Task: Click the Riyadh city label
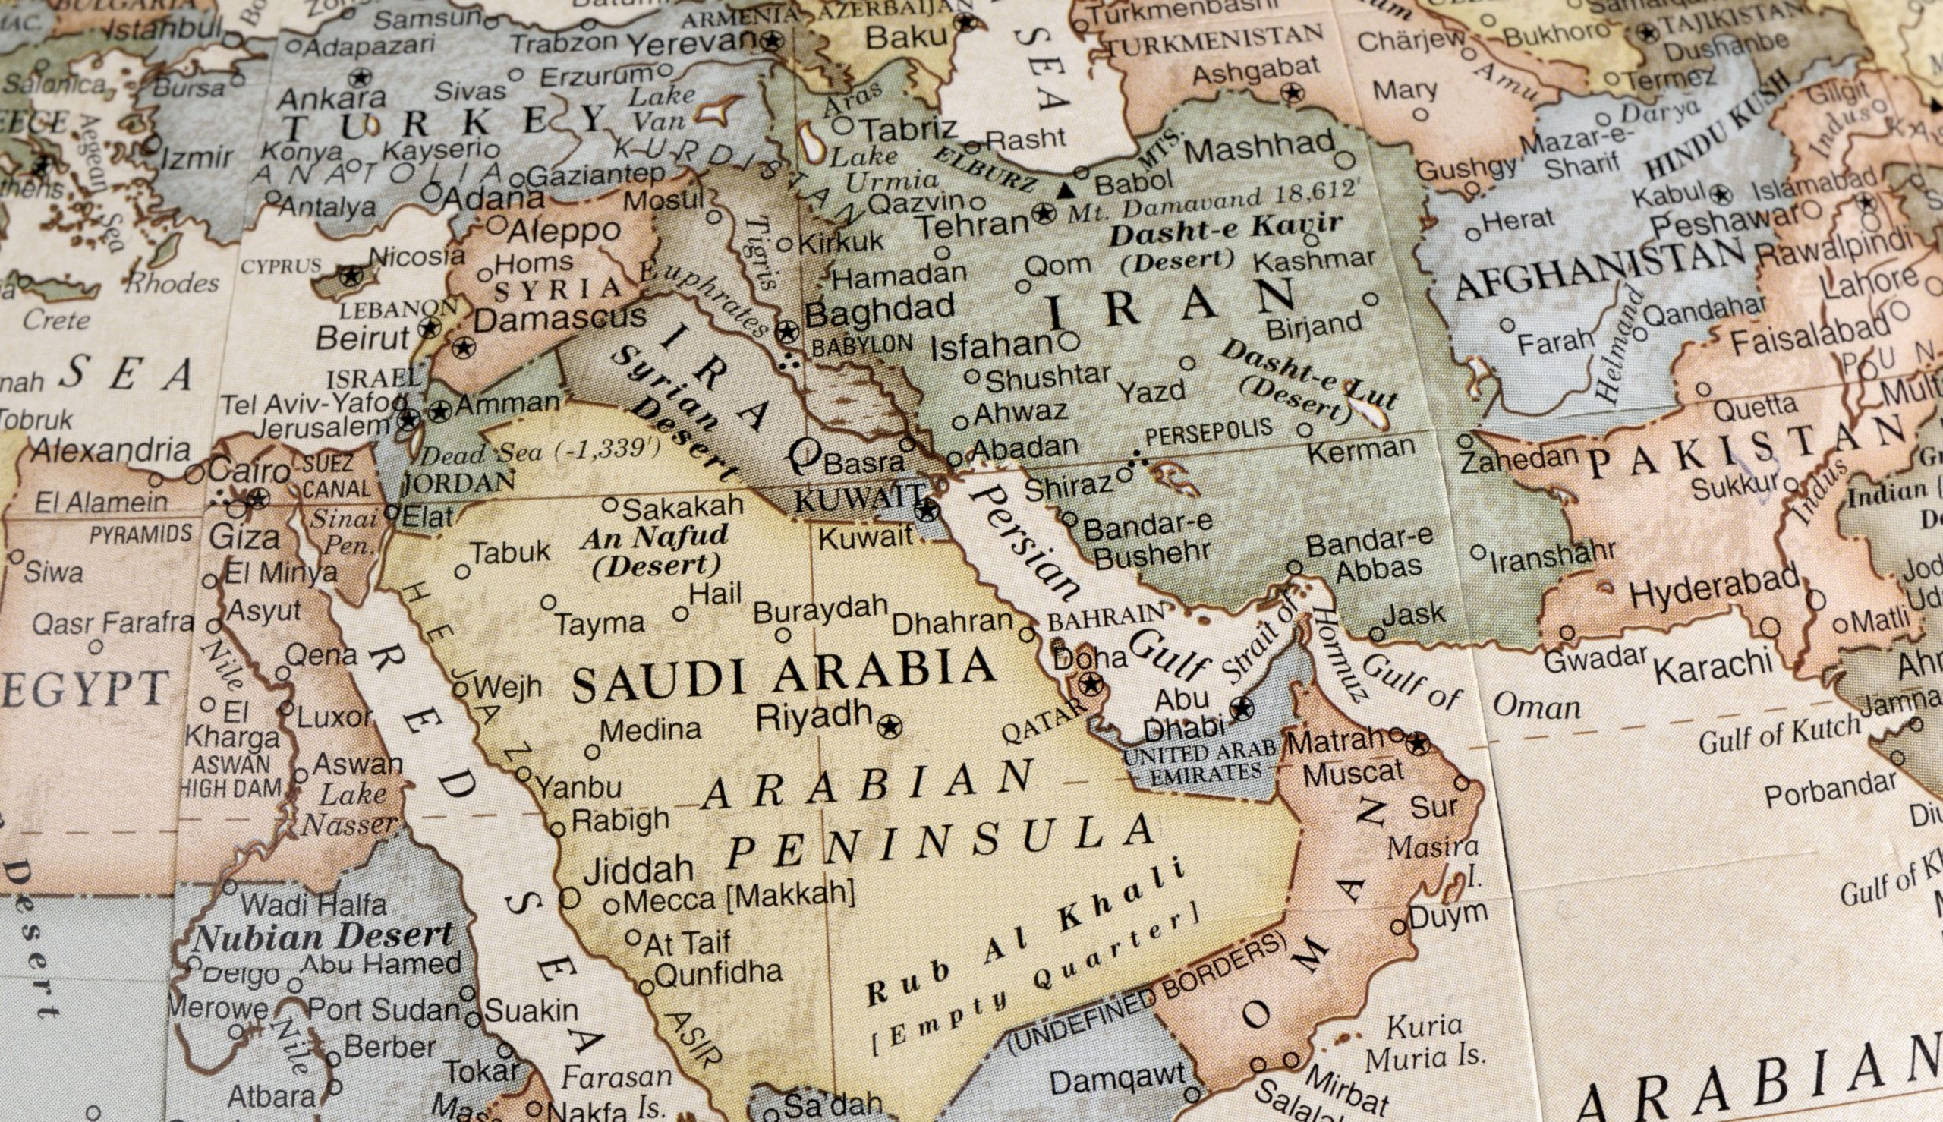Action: (814, 717)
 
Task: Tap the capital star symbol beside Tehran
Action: (1043, 213)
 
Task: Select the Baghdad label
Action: (879, 310)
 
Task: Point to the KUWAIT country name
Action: (859, 500)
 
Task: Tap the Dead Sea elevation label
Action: (540, 452)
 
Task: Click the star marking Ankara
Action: (359, 77)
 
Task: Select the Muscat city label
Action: (1353, 773)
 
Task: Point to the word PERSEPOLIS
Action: (1208, 433)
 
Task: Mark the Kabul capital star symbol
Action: (1721, 194)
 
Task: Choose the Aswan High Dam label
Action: (231, 777)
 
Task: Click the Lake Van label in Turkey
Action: (660, 108)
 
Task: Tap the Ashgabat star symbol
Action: (1292, 94)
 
